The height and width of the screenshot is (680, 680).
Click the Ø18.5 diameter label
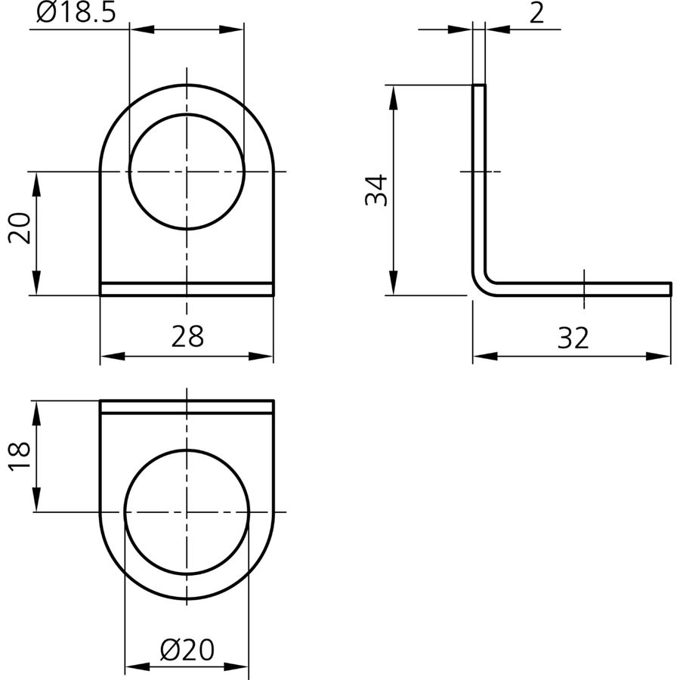click(76, 12)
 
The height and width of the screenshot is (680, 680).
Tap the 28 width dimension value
click(187, 336)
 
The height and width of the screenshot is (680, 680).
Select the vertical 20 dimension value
click(20, 227)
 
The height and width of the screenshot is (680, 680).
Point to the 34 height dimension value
click(376, 190)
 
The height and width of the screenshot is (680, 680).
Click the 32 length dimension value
click(573, 338)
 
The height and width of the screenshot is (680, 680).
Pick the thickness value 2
click(537, 13)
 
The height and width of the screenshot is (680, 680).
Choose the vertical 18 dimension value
click(20, 456)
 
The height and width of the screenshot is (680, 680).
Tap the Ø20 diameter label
click(187, 650)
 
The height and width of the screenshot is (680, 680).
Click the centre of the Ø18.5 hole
click(187, 172)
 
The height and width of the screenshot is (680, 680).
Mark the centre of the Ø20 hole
click(187, 512)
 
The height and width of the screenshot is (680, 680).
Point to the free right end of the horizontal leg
click(670, 289)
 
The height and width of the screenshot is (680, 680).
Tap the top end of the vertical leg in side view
click(479, 85)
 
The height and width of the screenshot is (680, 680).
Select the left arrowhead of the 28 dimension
click(113, 357)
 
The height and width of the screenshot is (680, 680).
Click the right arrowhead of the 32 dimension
click(658, 357)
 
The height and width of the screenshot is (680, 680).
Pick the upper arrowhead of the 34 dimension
click(394, 97)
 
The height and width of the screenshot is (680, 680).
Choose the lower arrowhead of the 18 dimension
click(36, 499)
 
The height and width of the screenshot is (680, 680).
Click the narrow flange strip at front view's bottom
click(187, 289)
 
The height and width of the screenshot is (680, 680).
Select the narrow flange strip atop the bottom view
click(187, 406)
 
